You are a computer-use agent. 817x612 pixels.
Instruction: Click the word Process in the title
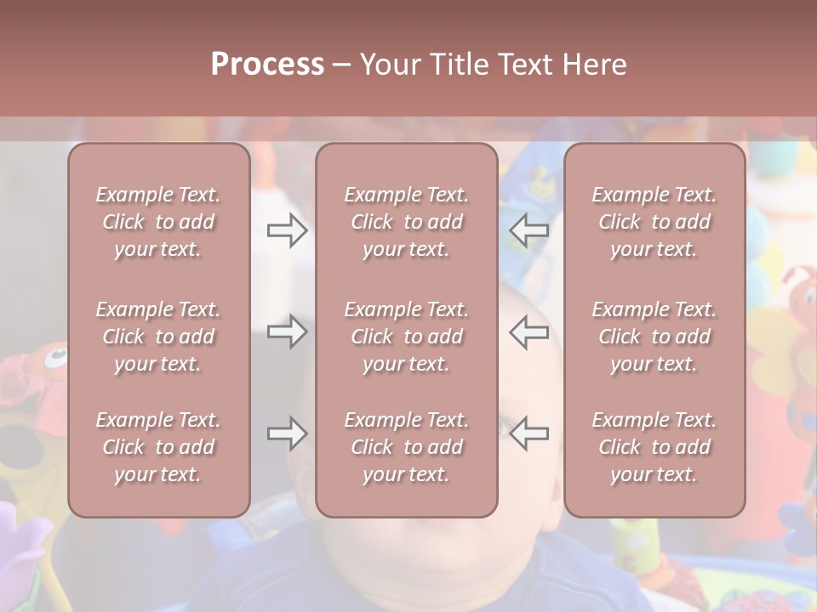coord(267,65)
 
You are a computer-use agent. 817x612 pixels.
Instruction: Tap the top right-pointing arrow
coord(287,229)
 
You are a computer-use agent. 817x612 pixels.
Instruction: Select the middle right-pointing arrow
coord(287,331)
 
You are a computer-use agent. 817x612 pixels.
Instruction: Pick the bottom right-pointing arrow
coord(287,433)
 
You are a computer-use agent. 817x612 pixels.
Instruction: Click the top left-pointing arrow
coord(529,229)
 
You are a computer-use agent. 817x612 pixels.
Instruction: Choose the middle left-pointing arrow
coord(529,331)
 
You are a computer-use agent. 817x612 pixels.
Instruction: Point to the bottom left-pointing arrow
coord(529,433)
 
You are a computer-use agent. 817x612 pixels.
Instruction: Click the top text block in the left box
coord(158,222)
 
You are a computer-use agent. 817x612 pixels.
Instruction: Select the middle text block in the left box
coord(158,337)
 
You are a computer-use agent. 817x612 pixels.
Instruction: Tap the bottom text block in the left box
coord(158,447)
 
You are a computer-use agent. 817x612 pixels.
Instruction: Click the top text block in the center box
coord(406,222)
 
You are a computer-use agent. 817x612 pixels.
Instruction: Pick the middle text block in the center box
coord(406,337)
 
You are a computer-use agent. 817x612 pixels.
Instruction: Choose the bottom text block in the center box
coord(406,447)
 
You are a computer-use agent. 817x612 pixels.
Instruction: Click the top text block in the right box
coord(654,222)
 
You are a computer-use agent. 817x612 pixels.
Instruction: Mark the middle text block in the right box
coord(654,337)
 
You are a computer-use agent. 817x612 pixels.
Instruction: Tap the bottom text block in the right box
coord(654,447)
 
